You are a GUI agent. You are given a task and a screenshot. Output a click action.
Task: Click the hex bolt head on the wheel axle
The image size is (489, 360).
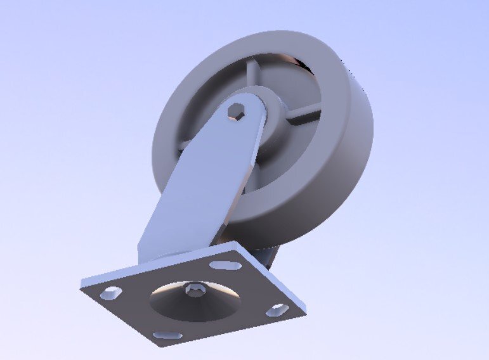pos(236,113)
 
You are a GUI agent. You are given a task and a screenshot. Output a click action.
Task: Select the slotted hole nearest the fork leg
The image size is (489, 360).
pos(225,265)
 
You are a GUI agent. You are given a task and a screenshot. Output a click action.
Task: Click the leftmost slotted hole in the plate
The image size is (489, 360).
pos(110,293)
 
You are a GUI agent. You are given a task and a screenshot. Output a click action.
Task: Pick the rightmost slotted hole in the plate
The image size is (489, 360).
pos(276,310)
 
